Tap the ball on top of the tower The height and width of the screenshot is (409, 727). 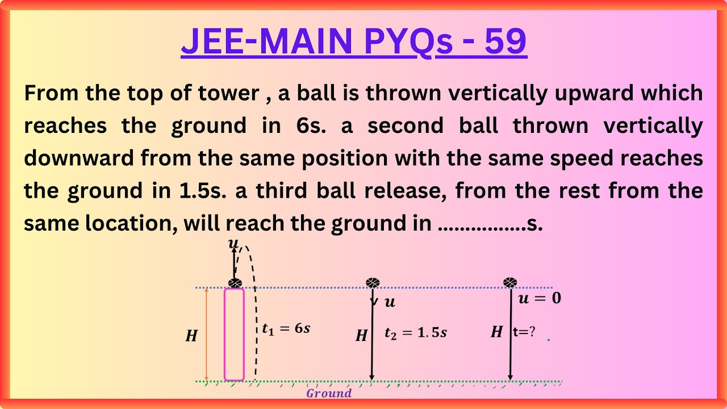tap(235, 283)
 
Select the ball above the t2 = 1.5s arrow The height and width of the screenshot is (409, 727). tap(373, 282)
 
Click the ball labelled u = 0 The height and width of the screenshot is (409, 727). tap(511, 282)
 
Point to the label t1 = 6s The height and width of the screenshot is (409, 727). tap(286, 328)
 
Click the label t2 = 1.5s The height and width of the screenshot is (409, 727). tap(415, 333)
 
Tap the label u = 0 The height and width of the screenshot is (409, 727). tap(540, 298)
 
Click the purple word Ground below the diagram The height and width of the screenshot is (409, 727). tap(329, 393)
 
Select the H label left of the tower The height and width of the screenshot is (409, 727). tap(191, 336)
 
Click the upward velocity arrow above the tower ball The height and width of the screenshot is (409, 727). tap(233, 263)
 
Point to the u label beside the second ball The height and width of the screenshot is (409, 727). tap(390, 302)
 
